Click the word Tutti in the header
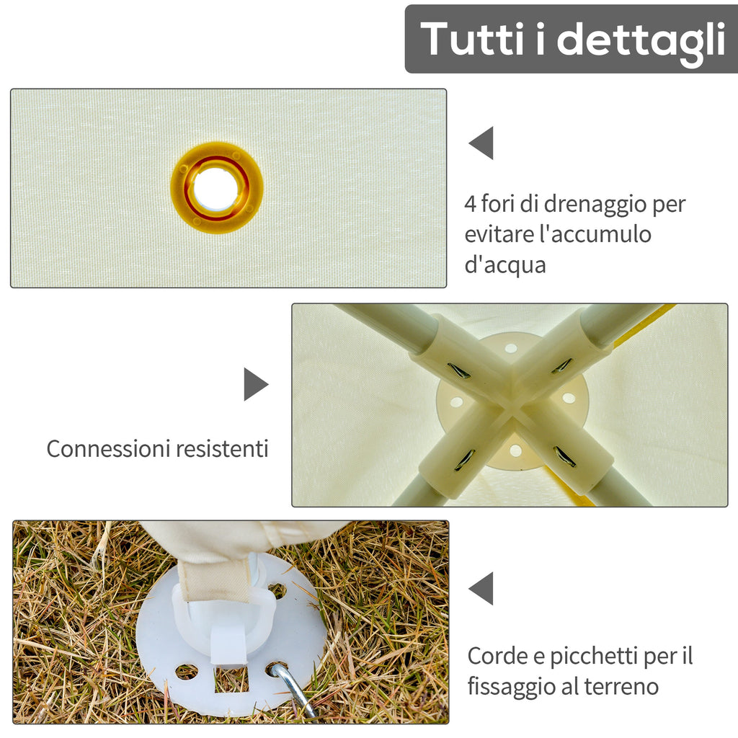472,39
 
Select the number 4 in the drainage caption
470,204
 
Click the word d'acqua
505,265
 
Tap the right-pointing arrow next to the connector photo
256,384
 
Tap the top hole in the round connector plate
511,349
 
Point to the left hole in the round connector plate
456,402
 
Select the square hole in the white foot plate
231,680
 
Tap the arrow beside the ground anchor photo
481,588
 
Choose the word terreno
621,687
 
